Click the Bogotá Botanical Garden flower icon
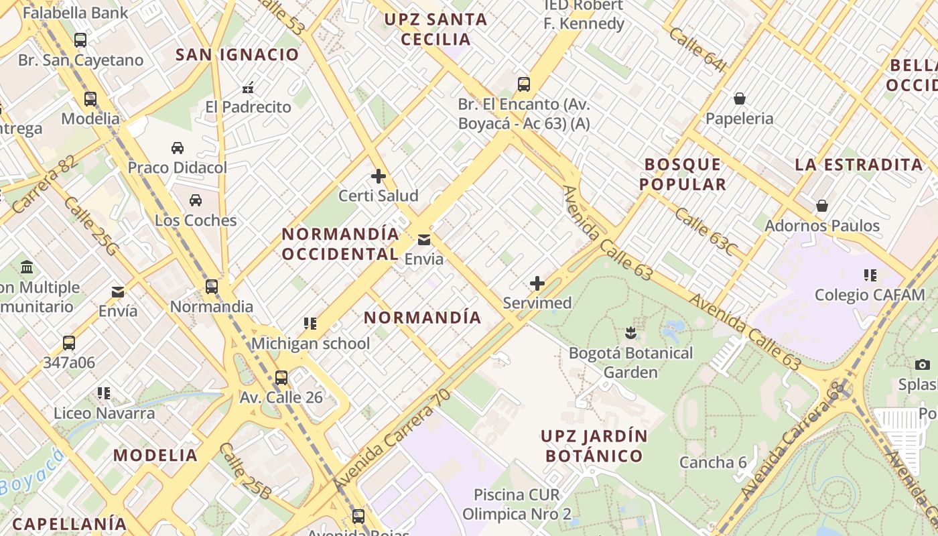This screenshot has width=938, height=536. click(630, 332)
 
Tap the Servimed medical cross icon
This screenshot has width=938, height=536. click(537, 283)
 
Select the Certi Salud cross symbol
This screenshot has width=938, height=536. click(379, 176)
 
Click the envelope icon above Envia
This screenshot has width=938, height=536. click(424, 240)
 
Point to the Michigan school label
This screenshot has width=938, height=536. click(310, 344)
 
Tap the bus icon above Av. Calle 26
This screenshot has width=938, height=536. click(281, 378)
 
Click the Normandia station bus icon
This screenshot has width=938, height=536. click(212, 287)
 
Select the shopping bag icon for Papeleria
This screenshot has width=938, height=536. click(740, 98)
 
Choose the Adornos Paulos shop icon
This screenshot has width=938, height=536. click(822, 206)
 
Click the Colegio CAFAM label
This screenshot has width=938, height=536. click(870, 295)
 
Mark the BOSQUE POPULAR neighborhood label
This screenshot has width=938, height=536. click(683, 174)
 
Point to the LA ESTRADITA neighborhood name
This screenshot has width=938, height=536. click(859, 165)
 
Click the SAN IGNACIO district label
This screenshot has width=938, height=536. click(237, 55)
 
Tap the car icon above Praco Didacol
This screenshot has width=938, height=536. click(178, 147)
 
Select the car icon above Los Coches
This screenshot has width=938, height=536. click(196, 200)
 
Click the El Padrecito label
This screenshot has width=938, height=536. click(248, 107)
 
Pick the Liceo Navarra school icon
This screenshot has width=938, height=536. click(103, 393)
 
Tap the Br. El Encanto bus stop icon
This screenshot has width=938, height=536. click(524, 84)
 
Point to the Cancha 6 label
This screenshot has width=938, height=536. click(713, 462)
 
